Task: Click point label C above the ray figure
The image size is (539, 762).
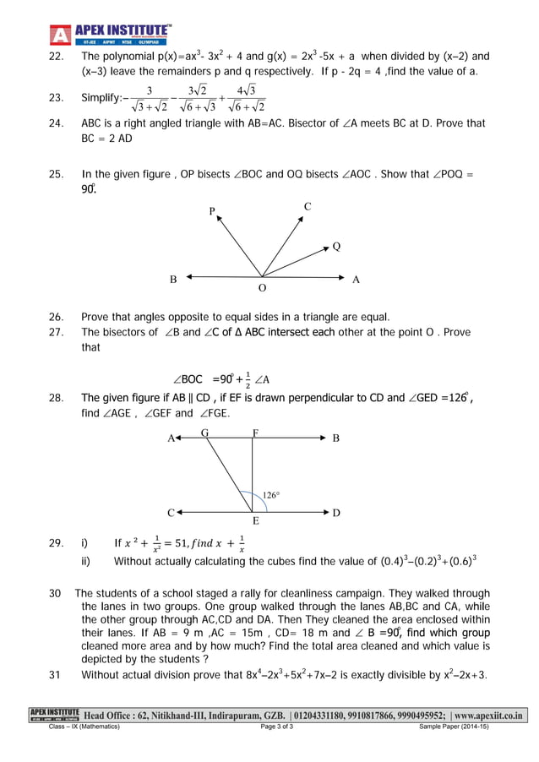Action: tap(308, 206)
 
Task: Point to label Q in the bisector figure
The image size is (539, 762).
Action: tap(336, 247)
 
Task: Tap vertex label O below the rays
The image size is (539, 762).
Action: tap(262, 288)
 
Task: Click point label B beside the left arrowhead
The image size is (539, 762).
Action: tap(173, 279)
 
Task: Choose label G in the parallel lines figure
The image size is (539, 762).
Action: tap(204, 433)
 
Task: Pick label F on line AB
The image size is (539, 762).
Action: tap(255, 433)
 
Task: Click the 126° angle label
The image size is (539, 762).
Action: tap(271, 495)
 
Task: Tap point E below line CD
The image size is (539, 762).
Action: tap(255, 522)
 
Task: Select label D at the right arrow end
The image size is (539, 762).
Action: tap(336, 513)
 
